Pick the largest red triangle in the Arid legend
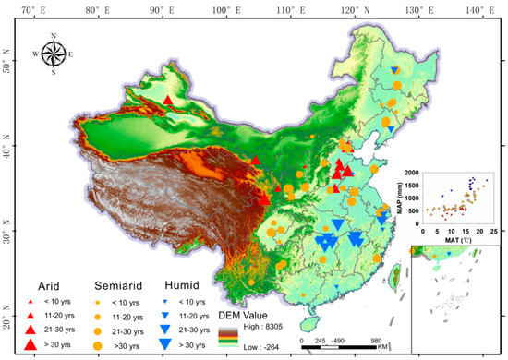tap(30, 345)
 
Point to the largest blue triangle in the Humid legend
tap(166, 345)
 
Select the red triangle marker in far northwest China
tap(167, 100)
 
